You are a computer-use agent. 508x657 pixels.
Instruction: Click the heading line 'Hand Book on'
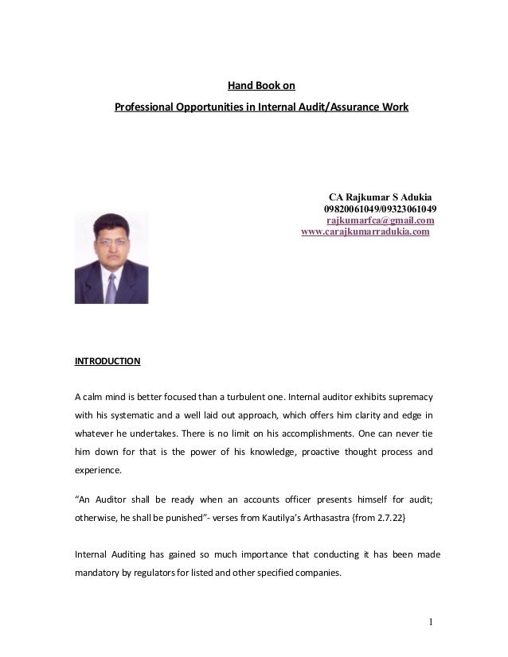tap(261, 86)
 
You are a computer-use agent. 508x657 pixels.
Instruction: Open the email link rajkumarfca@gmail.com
tap(381, 220)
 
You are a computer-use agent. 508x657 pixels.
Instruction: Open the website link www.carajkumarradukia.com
tap(365, 232)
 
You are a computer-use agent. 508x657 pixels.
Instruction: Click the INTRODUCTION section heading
tap(107, 361)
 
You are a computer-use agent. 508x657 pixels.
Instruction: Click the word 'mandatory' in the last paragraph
tap(100, 572)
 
